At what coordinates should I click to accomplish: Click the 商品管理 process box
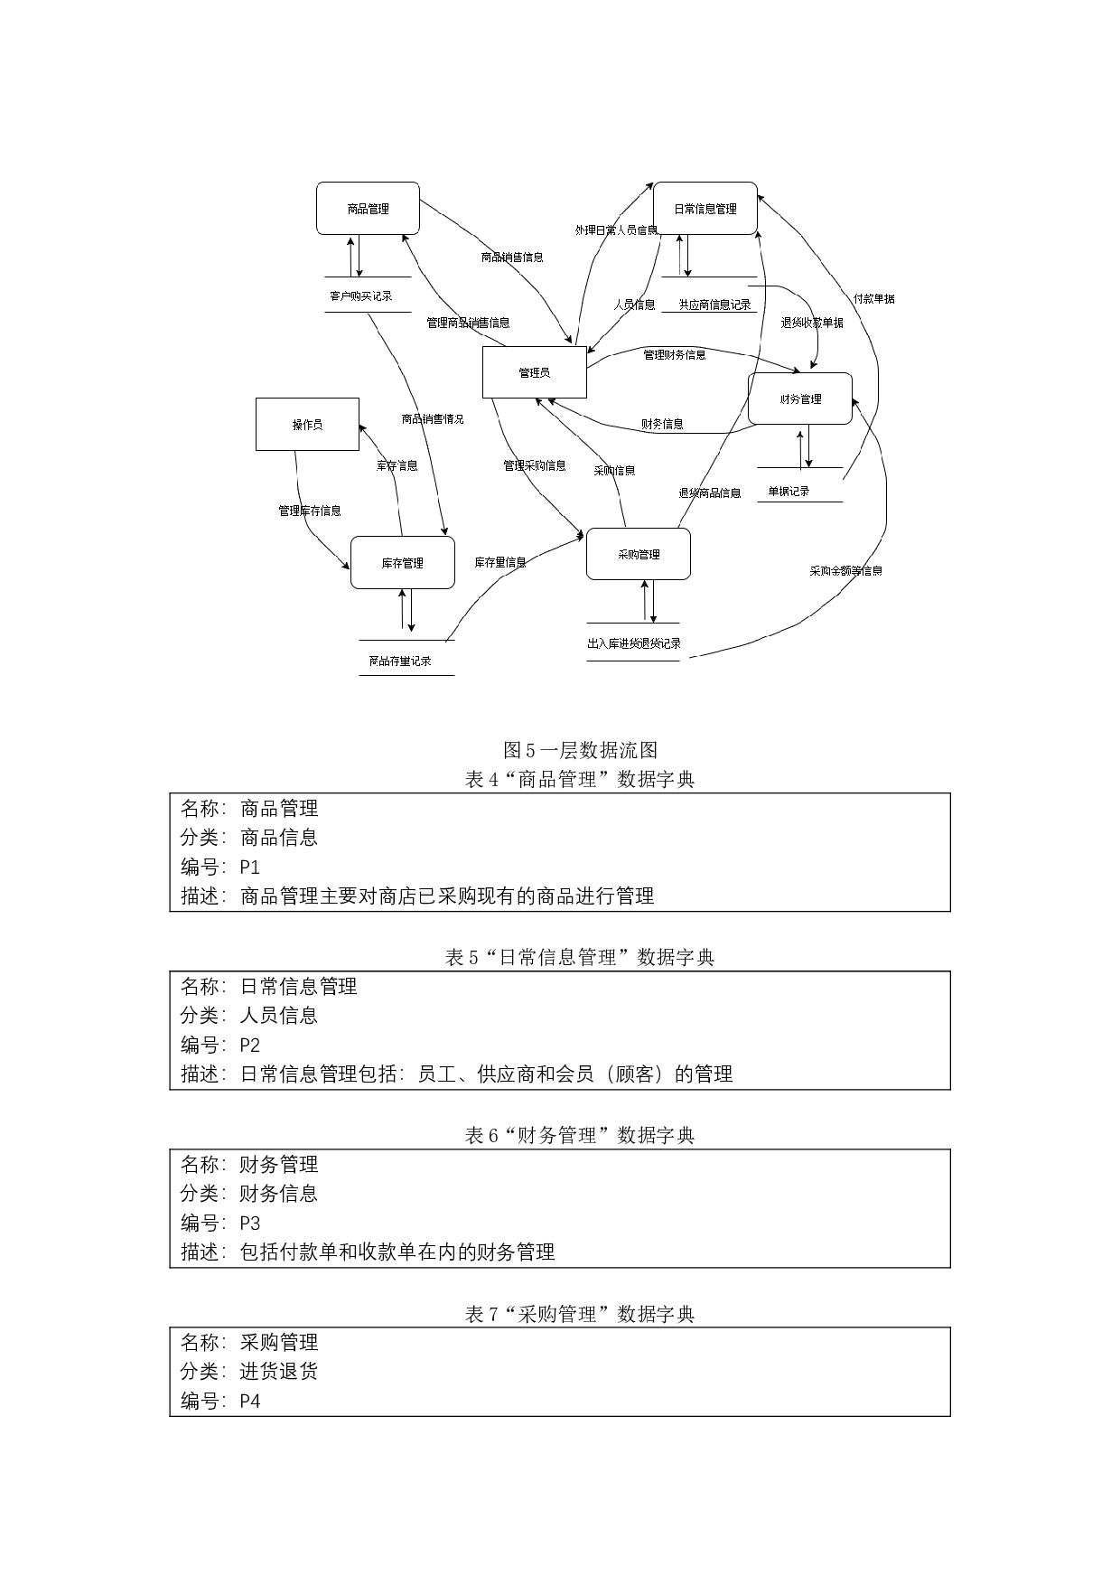368,209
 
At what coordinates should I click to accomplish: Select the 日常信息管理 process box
705,209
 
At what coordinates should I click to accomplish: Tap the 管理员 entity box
534,372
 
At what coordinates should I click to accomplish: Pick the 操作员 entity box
307,425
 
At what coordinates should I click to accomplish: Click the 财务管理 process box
800,399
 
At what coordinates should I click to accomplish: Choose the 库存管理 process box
402,563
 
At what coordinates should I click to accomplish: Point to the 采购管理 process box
639,554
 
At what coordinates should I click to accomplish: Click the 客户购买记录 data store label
360,295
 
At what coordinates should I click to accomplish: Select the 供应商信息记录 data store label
714,305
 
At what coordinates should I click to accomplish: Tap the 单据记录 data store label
789,492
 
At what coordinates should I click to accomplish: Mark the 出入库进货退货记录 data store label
633,643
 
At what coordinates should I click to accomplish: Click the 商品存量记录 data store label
400,661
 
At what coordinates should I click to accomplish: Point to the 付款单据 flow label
873,298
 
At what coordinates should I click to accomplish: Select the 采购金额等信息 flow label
845,571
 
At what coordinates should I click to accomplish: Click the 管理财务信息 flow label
674,354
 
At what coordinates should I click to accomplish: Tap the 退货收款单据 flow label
812,323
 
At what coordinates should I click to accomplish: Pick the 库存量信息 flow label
500,562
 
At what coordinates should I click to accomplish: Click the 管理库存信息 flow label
310,511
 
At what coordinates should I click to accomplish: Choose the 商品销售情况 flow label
433,418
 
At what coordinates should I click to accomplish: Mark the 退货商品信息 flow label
710,492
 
